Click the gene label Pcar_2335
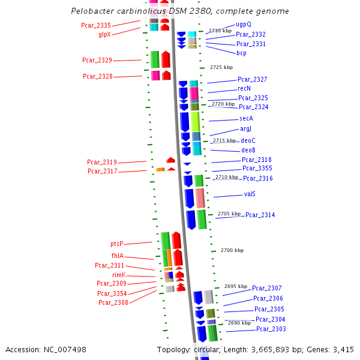(x=96, y=25)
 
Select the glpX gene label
(x=104, y=34)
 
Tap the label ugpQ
(x=244, y=25)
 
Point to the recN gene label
(x=244, y=88)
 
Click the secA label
(x=246, y=118)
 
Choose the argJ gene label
(x=246, y=128)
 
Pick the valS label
(x=250, y=194)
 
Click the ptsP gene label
(x=117, y=244)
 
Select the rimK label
(x=118, y=274)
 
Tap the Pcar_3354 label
(x=112, y=293)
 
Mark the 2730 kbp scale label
(x=220, y=31)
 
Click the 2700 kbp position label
(x=232, y=250)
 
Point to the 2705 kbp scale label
(x=229, y=214)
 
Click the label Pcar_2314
(x=260, y=215)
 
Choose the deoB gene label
(x=248, y=150)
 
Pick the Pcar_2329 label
(x=97, y=60)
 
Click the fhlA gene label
(x=118, y=256)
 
